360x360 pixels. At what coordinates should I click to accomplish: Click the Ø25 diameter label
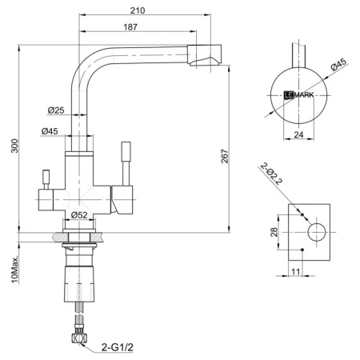click(56, 110)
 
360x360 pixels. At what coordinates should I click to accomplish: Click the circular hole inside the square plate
click(314, 233)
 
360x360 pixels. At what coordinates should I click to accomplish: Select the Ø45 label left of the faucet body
click(50, 131)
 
